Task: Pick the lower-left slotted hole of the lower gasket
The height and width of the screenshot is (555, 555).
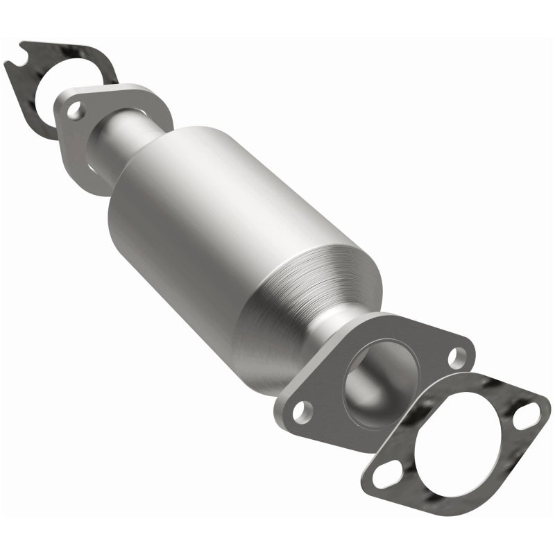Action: click(384, 477)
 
